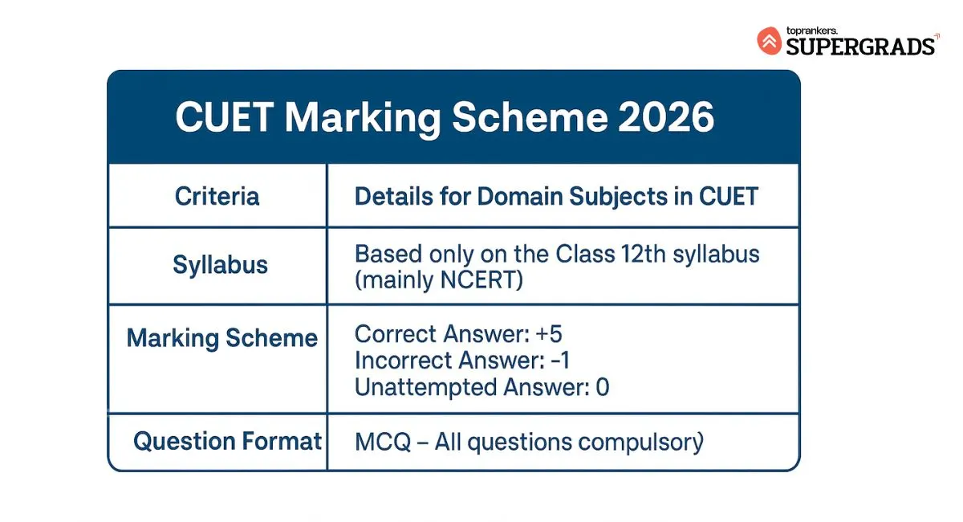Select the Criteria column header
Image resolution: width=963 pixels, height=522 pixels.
click(x=217, y=197)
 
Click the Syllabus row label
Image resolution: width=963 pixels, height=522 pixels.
click(x=220, y=265)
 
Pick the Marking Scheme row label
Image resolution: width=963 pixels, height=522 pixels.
click(x=222, y=338)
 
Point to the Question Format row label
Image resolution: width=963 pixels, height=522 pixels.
click(x=227, y=441)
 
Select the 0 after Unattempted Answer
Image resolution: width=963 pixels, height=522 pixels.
click(x=602, y=387)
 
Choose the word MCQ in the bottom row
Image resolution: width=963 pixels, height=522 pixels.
click(x=382, y=442)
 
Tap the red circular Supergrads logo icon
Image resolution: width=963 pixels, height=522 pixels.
click(x=769, y=41)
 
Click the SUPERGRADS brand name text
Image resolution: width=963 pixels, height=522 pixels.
click(x=860, y=46)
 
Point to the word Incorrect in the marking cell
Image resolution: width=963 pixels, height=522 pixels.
click(x=399, y=361)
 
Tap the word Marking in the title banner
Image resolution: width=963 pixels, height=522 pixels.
click(x=363, y=118)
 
